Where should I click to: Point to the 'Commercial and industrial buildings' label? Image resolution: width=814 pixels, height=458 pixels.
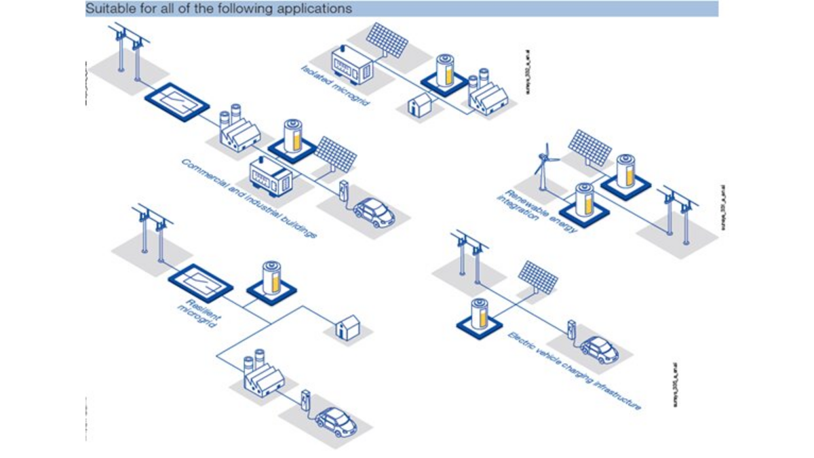point(249,197)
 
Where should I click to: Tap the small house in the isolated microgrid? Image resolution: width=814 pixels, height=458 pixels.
point(419,105)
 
